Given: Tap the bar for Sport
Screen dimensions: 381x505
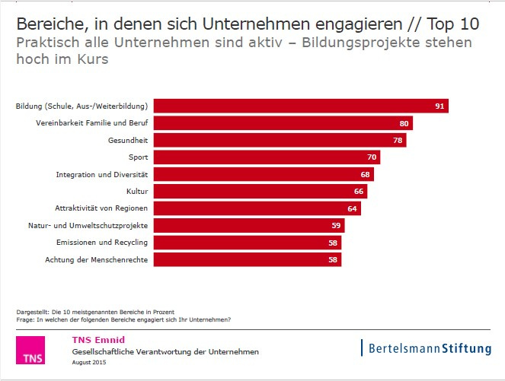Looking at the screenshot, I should pyautogui.click(x=267, y=157).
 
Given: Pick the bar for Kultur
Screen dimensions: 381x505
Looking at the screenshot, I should pyautogui.click(x=260, y=192).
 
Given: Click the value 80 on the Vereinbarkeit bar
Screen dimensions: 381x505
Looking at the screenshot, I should pyautogui.click(x=405, y=123).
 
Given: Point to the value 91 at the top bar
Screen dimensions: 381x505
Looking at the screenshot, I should pyautogui.click(x=439, y=106).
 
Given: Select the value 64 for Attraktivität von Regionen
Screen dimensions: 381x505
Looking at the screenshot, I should pyautogui.click(x=353, y=208).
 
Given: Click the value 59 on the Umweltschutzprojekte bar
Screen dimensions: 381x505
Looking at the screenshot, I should pyautogui.click(x=336, y=226).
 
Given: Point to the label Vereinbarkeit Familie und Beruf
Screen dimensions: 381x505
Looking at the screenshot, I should pyautogui.click(x=92, y=123).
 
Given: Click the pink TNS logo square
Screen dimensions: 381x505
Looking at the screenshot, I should pyautogui.click(x=30, y=351).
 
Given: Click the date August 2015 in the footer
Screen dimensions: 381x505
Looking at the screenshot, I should pyautogui.click(x=89, y=363).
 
